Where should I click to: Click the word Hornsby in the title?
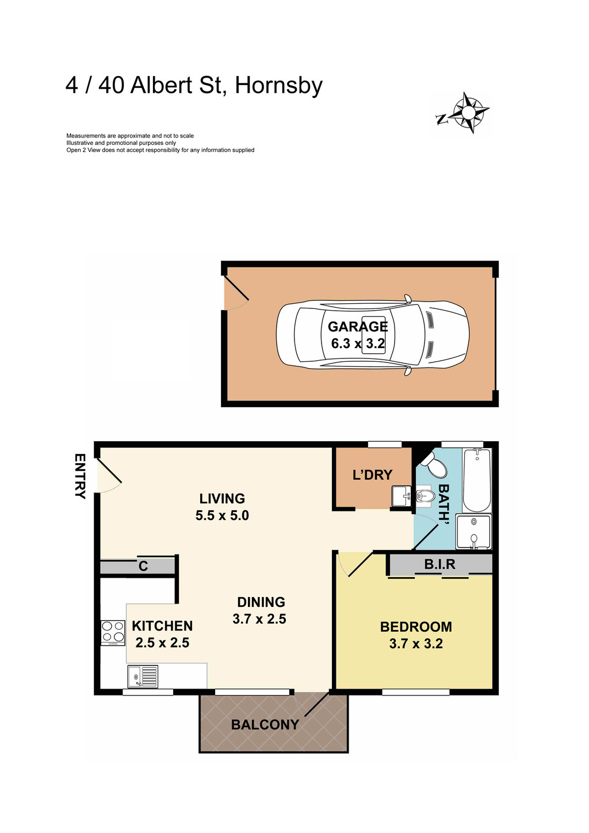click(x=279, y=86)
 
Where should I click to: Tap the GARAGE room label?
click(x=358, y=327)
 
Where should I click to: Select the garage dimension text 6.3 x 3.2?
click(x=358, y=344)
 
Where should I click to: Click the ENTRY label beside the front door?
click(x=80, y=476)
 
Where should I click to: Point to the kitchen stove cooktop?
click(x=113, y=632)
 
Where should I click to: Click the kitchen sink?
click(x=143, y=676)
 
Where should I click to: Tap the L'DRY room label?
click(x=372, y=475)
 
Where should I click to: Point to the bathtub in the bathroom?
click(x=477, y=480)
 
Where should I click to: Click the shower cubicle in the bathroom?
click(x=474, y=532)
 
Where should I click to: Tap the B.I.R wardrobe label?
click(x=440, y=564)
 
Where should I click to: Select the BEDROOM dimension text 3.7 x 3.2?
click(x=416, y=644)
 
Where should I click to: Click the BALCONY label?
click(x=265, y=725)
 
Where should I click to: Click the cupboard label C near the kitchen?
click(x=143, y=567)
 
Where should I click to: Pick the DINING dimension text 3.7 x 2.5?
click(x=259, y=619)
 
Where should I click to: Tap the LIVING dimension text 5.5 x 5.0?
click(x=222, y=515)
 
